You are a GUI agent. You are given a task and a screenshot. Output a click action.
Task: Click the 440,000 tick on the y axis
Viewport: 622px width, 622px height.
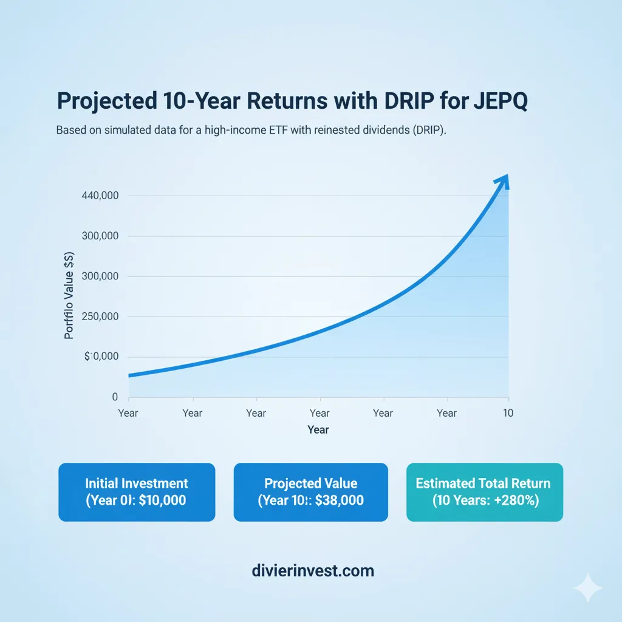tap(99, 196)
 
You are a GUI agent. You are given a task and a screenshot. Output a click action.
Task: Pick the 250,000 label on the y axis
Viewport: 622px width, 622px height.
tap(99, 316)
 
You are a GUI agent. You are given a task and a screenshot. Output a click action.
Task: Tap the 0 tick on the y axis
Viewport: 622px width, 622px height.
tap(114, 397)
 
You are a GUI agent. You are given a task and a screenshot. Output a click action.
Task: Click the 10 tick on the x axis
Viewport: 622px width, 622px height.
tap(508, 413)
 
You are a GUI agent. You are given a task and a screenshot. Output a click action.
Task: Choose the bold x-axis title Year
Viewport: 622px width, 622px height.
tap(318, 430)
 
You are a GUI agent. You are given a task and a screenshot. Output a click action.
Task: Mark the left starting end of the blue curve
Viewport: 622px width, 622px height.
tap(131, 375)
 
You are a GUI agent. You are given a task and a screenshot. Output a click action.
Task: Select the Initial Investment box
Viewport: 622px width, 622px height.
tap(137, 492)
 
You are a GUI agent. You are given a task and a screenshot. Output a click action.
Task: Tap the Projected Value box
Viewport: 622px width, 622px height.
tap(310, 492)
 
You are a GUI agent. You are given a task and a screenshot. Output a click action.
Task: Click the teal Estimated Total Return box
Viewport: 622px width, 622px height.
tap(484, 492)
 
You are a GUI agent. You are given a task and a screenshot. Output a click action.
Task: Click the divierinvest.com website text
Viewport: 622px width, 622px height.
tap(312, 571)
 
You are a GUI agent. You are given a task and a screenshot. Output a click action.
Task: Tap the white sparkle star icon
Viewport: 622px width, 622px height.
tap(587, 589)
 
